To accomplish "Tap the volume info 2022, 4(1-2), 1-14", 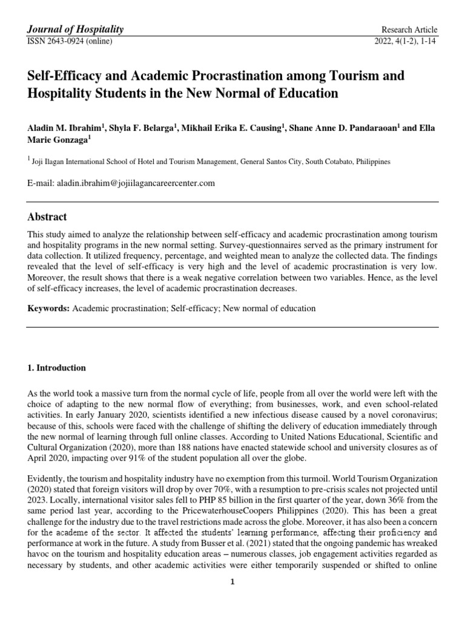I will click(x=406, y=41).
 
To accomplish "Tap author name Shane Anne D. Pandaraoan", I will click(x=343, y=128).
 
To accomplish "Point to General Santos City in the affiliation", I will click(x=272, y=162).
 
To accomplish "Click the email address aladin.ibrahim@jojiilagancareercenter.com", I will click(x=135, y=183).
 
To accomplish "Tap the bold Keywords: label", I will click(x=48, y=308).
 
